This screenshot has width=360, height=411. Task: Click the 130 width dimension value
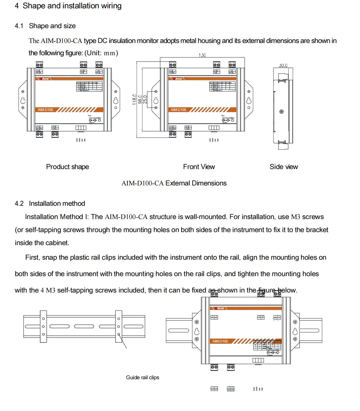[x=202, y=55]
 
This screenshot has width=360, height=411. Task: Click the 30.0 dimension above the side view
[x=283, y=65]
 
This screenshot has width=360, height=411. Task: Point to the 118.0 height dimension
[x=134, y=99]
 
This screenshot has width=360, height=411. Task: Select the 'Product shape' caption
[x=67, y=167]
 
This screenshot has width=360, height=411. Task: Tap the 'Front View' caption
[x=199, y=167]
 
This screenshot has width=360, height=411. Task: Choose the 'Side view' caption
[x=284, y=167]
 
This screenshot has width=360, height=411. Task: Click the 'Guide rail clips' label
[x=142, y=377]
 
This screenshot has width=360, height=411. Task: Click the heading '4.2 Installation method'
[x=50, y=203]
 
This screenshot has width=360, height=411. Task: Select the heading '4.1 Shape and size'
[x=45, y=26]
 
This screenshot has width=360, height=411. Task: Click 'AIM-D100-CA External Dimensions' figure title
[x=174, y=183]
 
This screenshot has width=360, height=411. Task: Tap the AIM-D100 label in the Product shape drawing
[x=45, y=110]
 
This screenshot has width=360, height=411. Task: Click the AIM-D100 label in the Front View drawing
[x=178, y=110]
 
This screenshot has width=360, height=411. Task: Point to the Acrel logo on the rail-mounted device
[x=220, y=308]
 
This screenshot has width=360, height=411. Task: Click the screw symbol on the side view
[x=281, y=112]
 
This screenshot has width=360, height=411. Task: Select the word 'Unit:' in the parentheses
[x=94, y=53]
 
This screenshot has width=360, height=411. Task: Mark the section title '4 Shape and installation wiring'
[x=68, y=6]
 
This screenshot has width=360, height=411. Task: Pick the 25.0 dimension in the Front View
[x=145, y=99]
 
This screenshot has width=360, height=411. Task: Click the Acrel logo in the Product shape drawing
[x=45, y=79]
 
